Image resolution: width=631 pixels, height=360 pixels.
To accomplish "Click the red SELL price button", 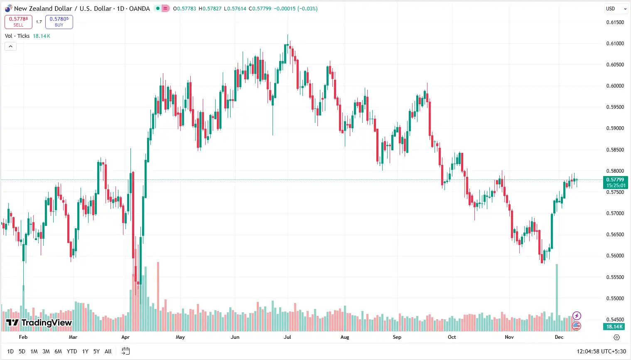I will (x=18, y=22).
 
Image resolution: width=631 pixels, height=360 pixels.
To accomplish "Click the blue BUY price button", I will (x=59, y=22).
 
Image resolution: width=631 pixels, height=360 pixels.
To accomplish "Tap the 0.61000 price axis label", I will (x=615, y=44).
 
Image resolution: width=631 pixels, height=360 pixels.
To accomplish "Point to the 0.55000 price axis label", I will (x=615, y=299).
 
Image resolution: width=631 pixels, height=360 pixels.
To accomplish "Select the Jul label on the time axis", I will (x=287, y=337).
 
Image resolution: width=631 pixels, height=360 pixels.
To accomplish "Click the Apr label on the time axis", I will (x=125, y=337).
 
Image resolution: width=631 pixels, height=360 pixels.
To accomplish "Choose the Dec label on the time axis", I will (x=559, y=337).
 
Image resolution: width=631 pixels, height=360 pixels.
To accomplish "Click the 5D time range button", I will (x=22, y=351).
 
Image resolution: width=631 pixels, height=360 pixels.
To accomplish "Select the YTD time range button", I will (x=72, y=351).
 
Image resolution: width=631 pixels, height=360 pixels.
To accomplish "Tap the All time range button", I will (x=108, y=351).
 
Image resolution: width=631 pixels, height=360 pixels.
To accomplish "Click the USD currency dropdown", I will (x=616, y=9).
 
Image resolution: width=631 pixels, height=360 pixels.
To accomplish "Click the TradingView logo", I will (x=39, y=323).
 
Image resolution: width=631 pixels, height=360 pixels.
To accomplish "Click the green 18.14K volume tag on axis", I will (x=615, y=327).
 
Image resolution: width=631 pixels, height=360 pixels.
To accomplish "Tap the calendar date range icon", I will (x=126, y=351).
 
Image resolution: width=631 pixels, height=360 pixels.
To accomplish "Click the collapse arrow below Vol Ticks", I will (x=10, y=46).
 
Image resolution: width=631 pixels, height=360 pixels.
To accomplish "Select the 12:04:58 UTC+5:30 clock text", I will (x=601, y=351).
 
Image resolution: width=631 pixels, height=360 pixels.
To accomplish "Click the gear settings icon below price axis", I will (x=616, y=337).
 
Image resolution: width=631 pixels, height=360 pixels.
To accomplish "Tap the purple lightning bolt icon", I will (x=577, y=316).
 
